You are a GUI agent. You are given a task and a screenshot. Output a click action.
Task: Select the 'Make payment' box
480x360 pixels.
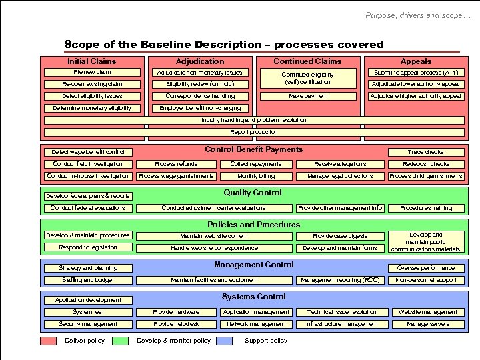coord(308,96)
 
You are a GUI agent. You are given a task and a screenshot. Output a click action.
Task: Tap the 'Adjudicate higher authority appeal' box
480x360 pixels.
coord(415,96)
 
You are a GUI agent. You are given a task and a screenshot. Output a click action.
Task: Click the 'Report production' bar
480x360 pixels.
coord(254,132)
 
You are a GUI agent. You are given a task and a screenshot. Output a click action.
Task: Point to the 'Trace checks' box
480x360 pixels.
coord(425,152)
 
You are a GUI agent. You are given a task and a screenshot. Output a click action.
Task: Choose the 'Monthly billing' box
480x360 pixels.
coord(256,176)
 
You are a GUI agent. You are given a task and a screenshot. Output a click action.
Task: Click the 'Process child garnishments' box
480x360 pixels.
coord(425,176)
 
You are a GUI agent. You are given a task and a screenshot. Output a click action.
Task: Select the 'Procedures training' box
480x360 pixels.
coord(425,208)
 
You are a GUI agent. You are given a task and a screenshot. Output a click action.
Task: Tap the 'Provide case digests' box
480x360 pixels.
coord(340,236)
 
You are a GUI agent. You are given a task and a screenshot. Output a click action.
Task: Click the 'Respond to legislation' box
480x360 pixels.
coord(87,247)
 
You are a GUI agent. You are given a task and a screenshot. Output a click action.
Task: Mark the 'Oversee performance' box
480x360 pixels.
coord(425,268)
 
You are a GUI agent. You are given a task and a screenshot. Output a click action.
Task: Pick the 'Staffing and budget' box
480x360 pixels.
coord(87,280)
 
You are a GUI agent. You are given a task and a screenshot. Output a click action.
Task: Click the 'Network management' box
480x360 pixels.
coord(256,324)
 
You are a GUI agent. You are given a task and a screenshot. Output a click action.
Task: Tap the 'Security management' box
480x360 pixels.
coord(87,324)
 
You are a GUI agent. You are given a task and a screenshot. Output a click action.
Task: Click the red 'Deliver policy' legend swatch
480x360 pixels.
coord(48,341)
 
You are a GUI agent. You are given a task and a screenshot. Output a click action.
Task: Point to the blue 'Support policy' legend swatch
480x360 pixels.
coord(225,341)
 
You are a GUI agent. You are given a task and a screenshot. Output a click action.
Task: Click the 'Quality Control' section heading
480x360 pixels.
coord(253,193)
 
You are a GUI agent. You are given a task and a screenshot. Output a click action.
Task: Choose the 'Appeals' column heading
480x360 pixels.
coord(415,61)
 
